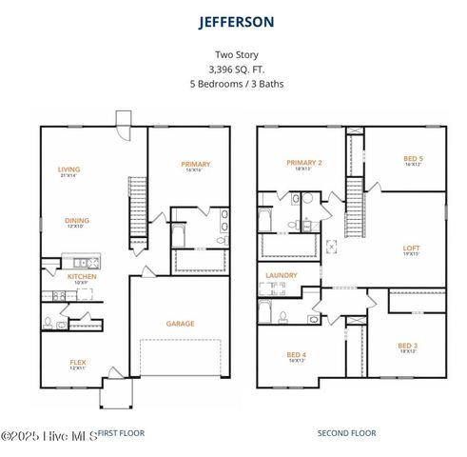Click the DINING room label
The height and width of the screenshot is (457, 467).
point(77,221)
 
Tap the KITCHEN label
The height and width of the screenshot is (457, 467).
point(82,277)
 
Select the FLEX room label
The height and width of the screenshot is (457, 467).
point(78,362)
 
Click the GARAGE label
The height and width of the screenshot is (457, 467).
point(180,324)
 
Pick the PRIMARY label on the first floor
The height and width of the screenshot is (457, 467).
point(195,165)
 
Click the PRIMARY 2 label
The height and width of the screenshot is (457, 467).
point(303,163)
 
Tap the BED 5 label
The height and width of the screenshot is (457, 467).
point(413,159)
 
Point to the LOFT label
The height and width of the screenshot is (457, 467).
point(411,248)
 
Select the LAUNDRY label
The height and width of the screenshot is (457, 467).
point(282,276)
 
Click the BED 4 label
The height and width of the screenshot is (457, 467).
point(296,355)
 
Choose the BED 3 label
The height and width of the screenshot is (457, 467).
point(407,346)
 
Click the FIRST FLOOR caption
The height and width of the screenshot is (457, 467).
point(122,433)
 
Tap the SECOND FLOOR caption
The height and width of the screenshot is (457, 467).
point(346,433)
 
